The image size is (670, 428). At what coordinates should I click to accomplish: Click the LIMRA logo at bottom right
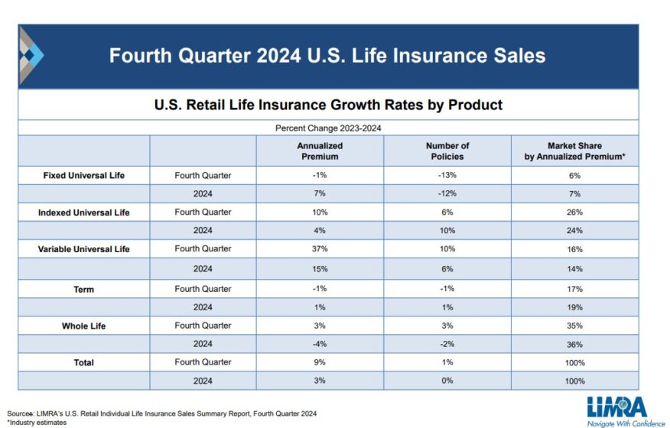(616, 410)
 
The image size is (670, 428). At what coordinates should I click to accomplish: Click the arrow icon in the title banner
(31, 55)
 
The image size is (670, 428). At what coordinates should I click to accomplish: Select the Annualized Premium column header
(320, 151)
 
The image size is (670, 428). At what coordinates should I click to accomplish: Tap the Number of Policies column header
(447, 151)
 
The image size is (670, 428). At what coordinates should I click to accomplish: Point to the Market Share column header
(574, 151)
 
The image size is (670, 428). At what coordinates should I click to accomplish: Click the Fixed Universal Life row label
(84, 175)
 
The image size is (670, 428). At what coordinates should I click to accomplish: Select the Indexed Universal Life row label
(84, 212)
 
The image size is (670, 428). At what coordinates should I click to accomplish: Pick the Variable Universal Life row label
(84, 249)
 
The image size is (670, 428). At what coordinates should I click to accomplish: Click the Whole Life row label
(84, 326)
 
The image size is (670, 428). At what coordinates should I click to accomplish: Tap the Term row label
(84, 289)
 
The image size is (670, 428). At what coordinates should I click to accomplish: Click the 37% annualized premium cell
(320, 249)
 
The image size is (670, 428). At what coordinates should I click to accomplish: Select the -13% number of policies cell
(447, 175)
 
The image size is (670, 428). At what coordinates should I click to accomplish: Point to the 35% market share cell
(574, 326)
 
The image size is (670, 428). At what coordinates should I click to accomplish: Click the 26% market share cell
(574, 212)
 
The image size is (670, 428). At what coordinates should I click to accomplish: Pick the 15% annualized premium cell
(320, 269)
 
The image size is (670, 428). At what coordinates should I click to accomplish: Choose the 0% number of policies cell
(447, 381)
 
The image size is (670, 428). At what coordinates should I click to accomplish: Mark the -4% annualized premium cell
(320, 344)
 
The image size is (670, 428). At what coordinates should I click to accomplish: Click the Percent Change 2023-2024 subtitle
(328, 128)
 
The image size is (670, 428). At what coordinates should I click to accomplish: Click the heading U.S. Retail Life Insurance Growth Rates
(328, 105)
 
